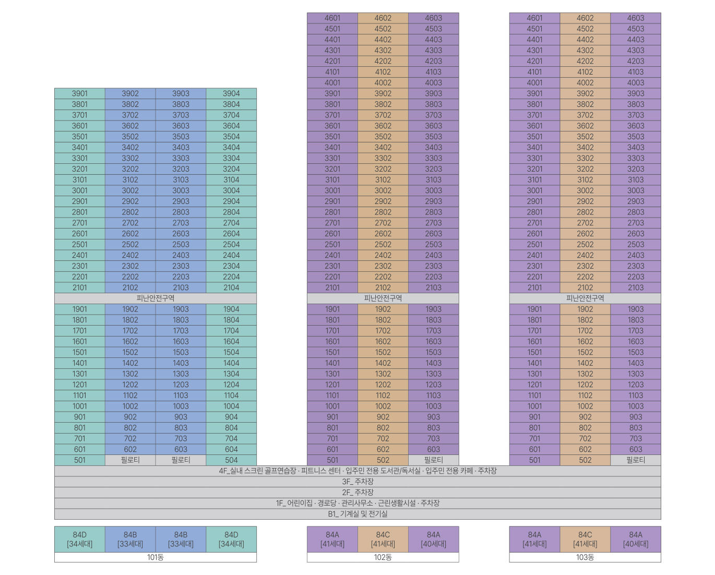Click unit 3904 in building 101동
click(231, 93)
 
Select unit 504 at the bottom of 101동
click(231, 460)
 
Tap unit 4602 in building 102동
click(383, 18)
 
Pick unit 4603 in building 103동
click(636, 18)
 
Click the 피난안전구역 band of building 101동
click(156, 298)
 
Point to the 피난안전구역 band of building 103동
click(585, 298)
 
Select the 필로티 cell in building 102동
click(434, 460)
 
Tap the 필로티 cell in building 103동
click(636, 460)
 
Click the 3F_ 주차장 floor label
click(357, 482)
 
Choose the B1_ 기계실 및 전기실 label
click(357, 514)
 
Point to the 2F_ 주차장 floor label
click(357, 492)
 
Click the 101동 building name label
click(156, 557)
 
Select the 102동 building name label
click(383, 557)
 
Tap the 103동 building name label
click(585, 557)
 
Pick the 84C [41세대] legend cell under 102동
click(383, 539)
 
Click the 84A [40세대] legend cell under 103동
click(636, 539)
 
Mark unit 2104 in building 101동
click(231, 287)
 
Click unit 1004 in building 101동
click(231, 406)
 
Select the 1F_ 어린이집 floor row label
click(357, 503)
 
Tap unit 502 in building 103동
click(585, 460)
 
